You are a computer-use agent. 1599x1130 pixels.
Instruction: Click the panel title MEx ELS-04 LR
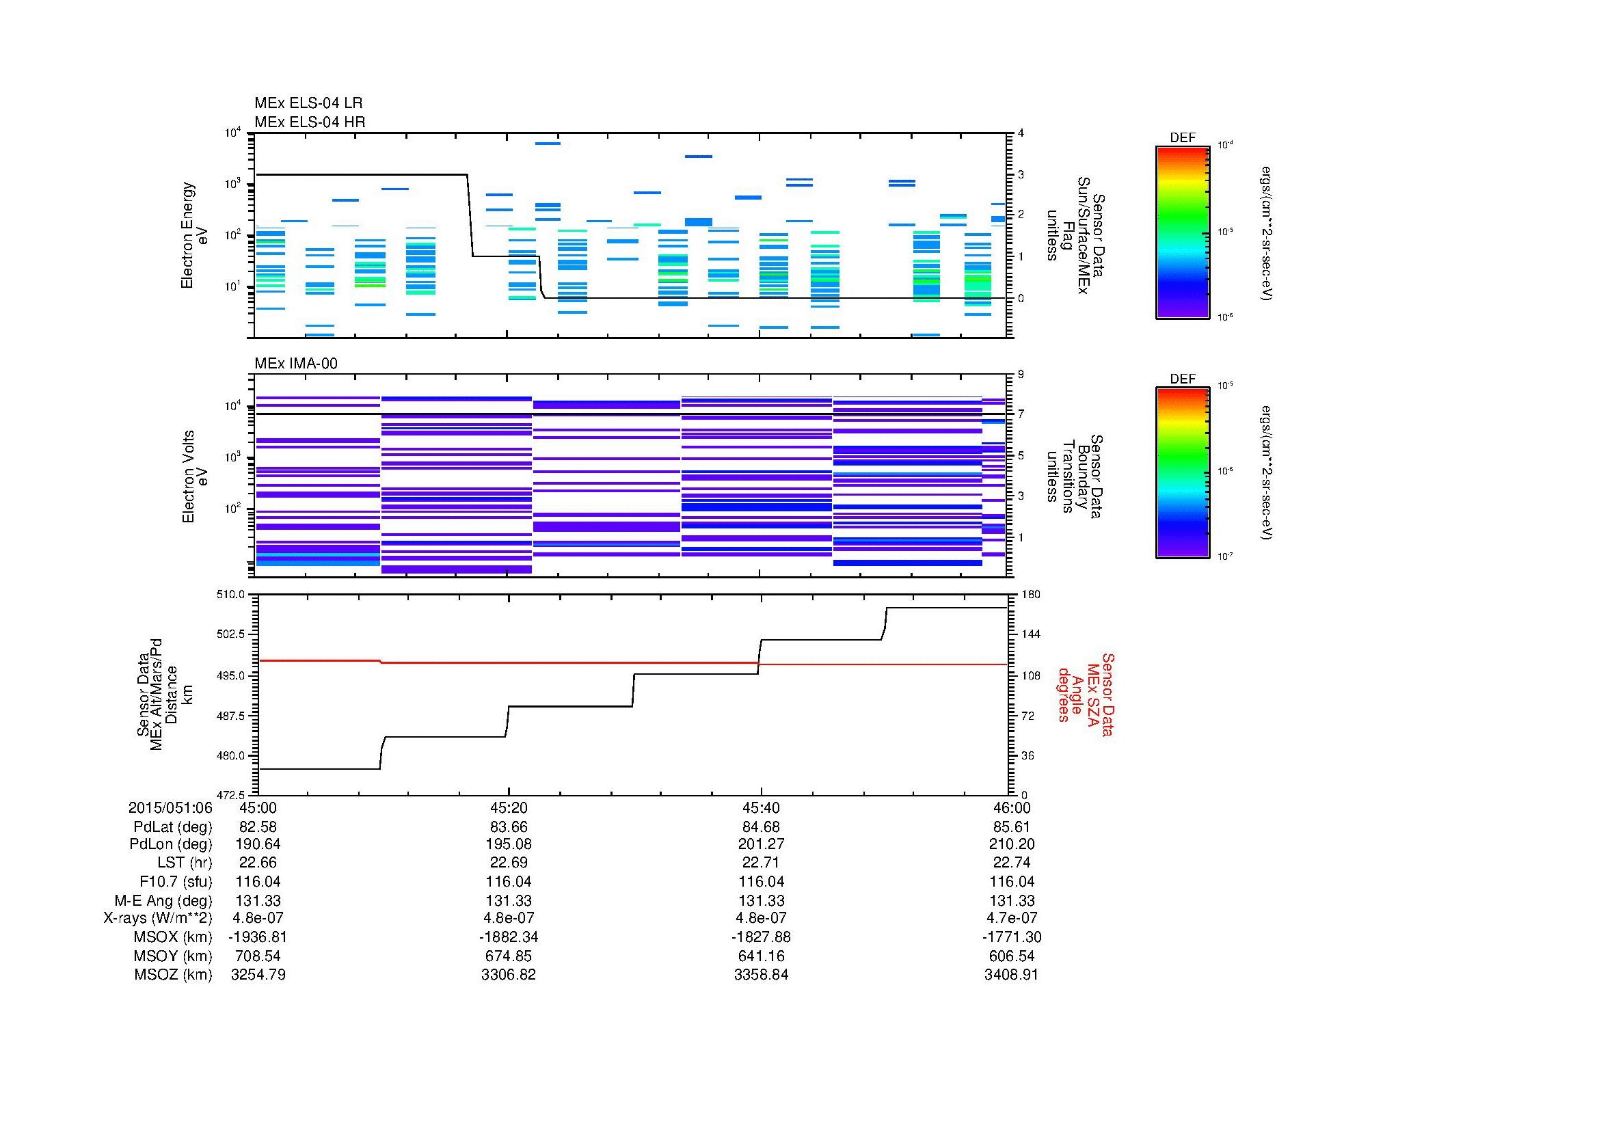[308, 103]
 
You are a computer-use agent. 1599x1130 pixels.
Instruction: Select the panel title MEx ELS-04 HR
[309, 122]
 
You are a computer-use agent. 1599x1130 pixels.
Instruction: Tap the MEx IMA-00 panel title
[295, 364]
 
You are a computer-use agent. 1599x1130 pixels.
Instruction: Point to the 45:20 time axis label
[509, 808]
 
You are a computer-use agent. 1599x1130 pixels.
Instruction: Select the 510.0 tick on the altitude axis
[232, 595]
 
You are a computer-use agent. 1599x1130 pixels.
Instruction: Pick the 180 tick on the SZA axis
[1030, 595]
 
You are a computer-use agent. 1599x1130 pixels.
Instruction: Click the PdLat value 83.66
[509, 827]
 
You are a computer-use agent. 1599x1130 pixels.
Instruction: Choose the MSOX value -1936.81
[258, 937]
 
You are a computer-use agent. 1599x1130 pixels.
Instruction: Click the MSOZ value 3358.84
[761, 975]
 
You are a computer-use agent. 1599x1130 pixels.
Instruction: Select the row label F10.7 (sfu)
[176, 882]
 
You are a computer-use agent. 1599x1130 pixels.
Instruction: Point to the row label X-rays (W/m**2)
[157, 918]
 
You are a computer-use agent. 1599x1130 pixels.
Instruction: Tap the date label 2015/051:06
[170, 808]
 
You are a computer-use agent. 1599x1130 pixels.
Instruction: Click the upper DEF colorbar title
[1182, 138]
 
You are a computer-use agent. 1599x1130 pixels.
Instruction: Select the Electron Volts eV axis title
[195, 476]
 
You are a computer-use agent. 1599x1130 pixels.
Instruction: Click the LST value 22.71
[761, 863]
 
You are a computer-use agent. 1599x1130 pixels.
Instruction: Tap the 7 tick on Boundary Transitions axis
[1021, 414]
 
